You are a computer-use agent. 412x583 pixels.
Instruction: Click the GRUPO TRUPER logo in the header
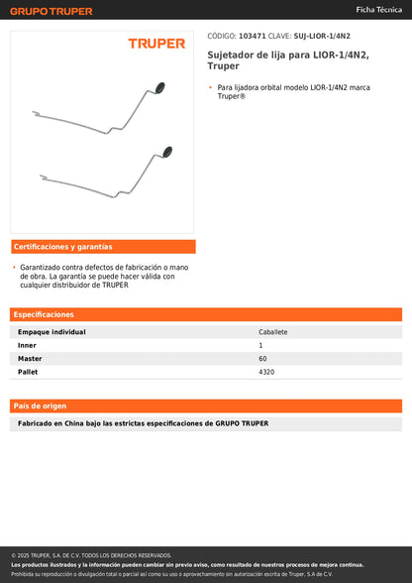[x=51, y=11]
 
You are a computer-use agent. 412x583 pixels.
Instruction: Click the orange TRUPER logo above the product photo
[x=156, y=44]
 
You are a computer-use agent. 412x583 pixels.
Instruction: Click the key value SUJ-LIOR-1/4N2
[x=322, y=36]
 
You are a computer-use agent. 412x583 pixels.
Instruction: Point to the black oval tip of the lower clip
[x=166, y=152]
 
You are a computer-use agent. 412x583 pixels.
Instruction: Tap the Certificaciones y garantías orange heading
[x=63, y=247]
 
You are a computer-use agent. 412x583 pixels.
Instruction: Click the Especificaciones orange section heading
[x=45, y=314]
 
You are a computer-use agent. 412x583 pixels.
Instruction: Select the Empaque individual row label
[x=51, y=332]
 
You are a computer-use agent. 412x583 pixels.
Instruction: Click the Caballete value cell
[x=272, y=332]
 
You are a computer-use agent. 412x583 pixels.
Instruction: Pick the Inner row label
[x=27, y=345]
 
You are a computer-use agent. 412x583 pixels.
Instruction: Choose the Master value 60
[x=262, y=358]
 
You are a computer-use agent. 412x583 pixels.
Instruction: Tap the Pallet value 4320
[x=266, y=372]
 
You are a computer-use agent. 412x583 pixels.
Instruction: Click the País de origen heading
[x=41, y=407]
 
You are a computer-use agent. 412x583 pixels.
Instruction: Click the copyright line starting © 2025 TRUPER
[x=91, y=555]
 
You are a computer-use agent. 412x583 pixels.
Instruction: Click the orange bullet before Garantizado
[x=14, y=268]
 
